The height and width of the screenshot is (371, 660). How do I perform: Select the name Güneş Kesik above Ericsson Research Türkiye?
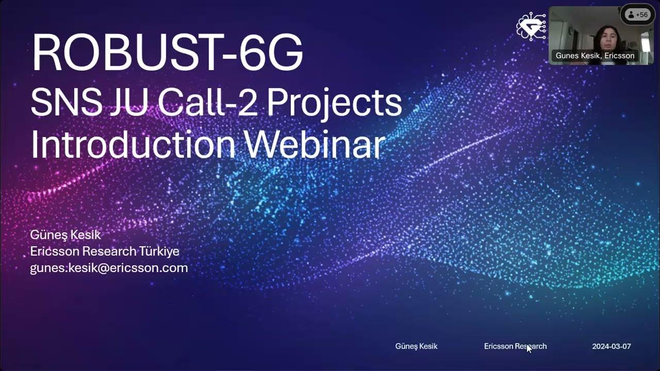(x=65, y=235)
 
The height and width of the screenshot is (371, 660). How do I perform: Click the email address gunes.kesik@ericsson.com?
(x=109, y=268)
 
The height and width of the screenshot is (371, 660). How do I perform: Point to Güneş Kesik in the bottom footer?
(x=416, y=346)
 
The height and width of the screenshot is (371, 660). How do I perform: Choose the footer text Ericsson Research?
(x=515, y=346)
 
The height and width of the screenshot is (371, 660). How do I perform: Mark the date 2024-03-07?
(x=611, y=346)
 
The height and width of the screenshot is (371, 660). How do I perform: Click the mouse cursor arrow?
(x=529, y=348)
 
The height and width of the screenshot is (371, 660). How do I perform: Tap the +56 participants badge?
(x=637, y=15)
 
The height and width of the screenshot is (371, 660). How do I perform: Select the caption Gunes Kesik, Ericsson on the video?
(x=595, y=56)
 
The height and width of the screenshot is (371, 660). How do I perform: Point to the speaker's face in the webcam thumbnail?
(x=604, y=37)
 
